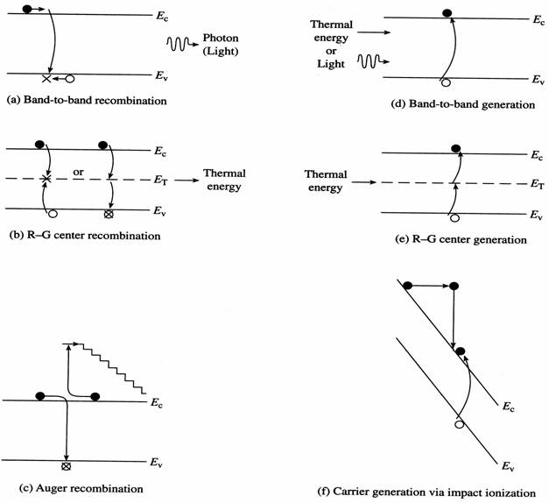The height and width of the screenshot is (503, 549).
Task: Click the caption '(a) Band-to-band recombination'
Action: [x=86, y=100]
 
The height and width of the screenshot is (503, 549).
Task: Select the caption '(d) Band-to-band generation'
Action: [x=463, y=103]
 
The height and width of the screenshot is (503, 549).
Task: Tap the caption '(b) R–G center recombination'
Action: [x=85, y=236]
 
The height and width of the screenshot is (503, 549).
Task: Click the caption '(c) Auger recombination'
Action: [x=74, y=487]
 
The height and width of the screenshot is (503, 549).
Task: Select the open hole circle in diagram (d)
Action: [x=446, y=83]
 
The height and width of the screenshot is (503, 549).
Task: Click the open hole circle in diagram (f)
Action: [x=458, y=424]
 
